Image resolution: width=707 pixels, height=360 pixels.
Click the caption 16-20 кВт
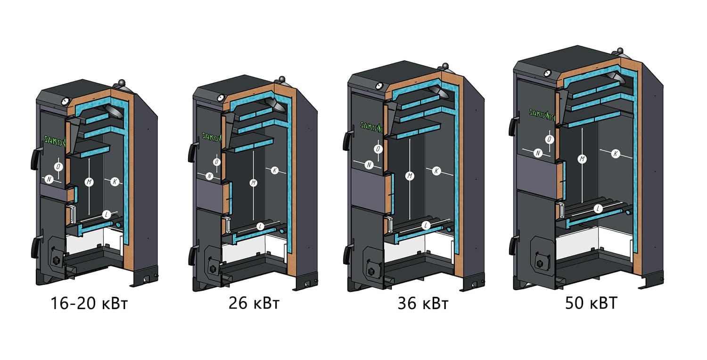pos(89,304)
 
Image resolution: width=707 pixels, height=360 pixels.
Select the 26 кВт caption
pos(254,304)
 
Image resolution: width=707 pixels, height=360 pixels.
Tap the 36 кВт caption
pos(423,304)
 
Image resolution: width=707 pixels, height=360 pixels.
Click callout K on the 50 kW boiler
pos(615,153)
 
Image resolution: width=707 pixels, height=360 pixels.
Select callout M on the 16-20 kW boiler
pos(88,181)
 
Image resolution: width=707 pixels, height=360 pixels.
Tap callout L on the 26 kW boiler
pos(260,226)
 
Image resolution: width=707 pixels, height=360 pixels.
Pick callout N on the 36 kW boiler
pos(369,165)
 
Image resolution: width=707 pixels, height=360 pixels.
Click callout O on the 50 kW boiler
pos(549,139)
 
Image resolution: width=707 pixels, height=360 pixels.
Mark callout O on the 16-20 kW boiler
pos(58,167)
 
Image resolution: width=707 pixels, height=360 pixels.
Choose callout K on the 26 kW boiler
pos(275,170)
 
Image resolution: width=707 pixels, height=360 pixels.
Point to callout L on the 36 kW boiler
pos(426,225)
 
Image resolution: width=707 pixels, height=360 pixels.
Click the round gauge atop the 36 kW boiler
pos(378,86)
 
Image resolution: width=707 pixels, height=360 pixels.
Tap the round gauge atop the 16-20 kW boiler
pos(65,101)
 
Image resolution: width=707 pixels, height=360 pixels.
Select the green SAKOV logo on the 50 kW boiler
pos(542,113)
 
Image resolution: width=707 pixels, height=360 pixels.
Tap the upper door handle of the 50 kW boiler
pos(512,126)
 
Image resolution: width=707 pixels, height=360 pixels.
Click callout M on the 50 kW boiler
pos(582,159)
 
